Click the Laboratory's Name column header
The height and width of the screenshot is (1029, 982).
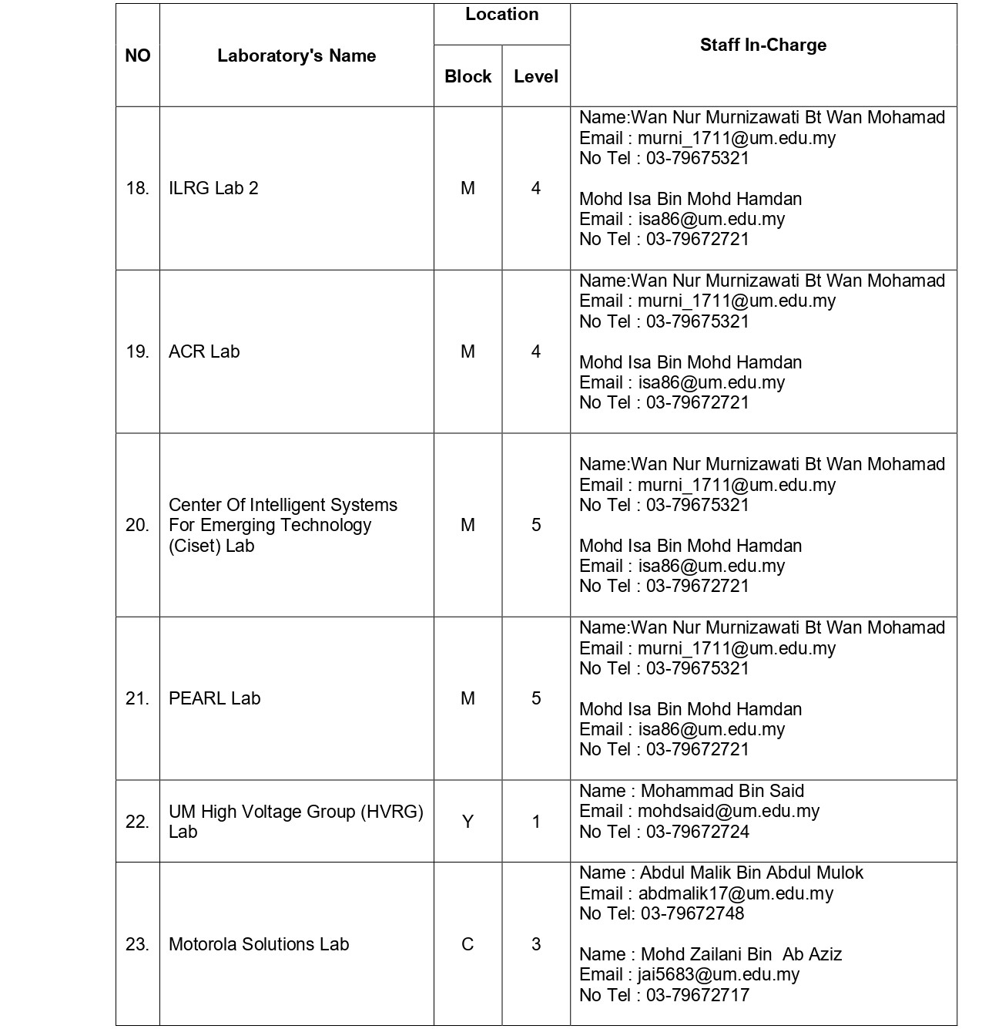pyautogui.click(x=297, y=55)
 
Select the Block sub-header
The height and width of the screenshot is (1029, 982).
pyautogui.click(x=468, y=76)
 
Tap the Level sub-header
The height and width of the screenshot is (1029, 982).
pyautogui.click(x=536, y=76)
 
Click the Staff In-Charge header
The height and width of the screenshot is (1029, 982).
pyautogui.click(x=762, y=45)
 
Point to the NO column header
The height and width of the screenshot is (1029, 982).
pyautogui.click(x=138, y=55)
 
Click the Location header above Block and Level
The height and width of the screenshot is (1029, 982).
pyautogui.click(x=501, y=15)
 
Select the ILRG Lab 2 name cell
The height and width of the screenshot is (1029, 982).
pyautogui.click(x=213, y=188)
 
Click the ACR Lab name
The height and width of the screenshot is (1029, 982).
pyautogui.click(x=204, y=351)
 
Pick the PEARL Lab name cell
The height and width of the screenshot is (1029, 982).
pyautogui.click(x=214, y=698)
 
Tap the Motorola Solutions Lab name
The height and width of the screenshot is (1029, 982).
pyautogui.click(x=259, y=944)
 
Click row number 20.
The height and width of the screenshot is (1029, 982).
pyautogui.click(x=137, y=525)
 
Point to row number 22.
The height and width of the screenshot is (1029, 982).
pyautogui.click(x=137, y=822)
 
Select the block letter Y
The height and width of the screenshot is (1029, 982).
pyautogui.click(x=468, y=822)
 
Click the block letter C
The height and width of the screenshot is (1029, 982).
pyautogui.click(x=468, y=944)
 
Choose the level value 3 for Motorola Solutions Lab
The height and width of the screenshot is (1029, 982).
pyautogui.click(x=536, y=944)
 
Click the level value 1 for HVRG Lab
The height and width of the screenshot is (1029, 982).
pyautogui.click(x=536, y=822)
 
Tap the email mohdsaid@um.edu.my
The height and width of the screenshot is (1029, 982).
pyautogui.click(x=728, y=811)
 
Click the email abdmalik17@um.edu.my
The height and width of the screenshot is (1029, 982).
pyautogui.click(x=736, y=893)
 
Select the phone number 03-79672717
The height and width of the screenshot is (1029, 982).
pyautogui.click(x=697, y=995)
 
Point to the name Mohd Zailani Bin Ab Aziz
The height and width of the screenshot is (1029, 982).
pyautogui.click(x=741, y=954)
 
